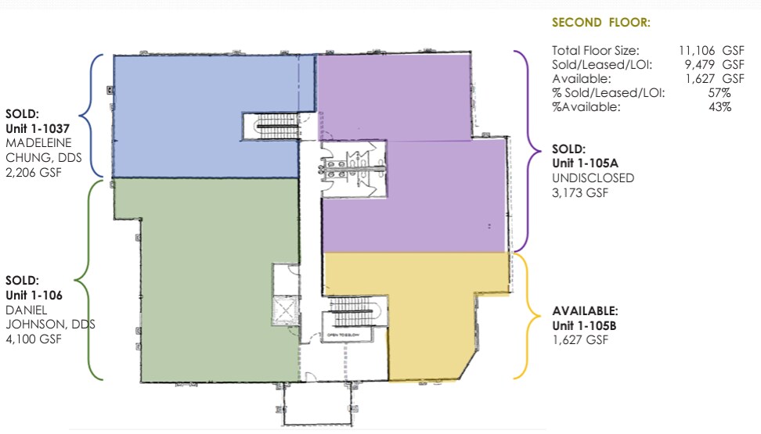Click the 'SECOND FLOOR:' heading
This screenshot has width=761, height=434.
click(601, 23)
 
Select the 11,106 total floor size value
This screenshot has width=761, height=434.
click(697, 50)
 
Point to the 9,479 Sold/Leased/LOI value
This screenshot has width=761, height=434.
click(699, 64)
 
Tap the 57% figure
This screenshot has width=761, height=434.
click(720, 92)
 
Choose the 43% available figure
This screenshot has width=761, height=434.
click(720, 106)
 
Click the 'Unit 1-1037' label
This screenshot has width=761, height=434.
click(38, 128)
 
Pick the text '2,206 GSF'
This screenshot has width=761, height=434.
click(34, 172)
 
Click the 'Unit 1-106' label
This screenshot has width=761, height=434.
click(34, 295)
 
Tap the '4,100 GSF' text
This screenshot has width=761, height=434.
click(34, 339)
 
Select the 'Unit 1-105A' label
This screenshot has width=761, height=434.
click(586, 163)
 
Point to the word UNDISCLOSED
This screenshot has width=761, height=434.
click(593, 178)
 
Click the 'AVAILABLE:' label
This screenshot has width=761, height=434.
click(586, 310)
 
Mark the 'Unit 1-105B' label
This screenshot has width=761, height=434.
click(584, 325)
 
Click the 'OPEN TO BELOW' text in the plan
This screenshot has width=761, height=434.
click(343, 335)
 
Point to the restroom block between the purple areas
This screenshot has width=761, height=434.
click(353, 169)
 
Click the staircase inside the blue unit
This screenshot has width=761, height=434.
click(271, 127)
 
